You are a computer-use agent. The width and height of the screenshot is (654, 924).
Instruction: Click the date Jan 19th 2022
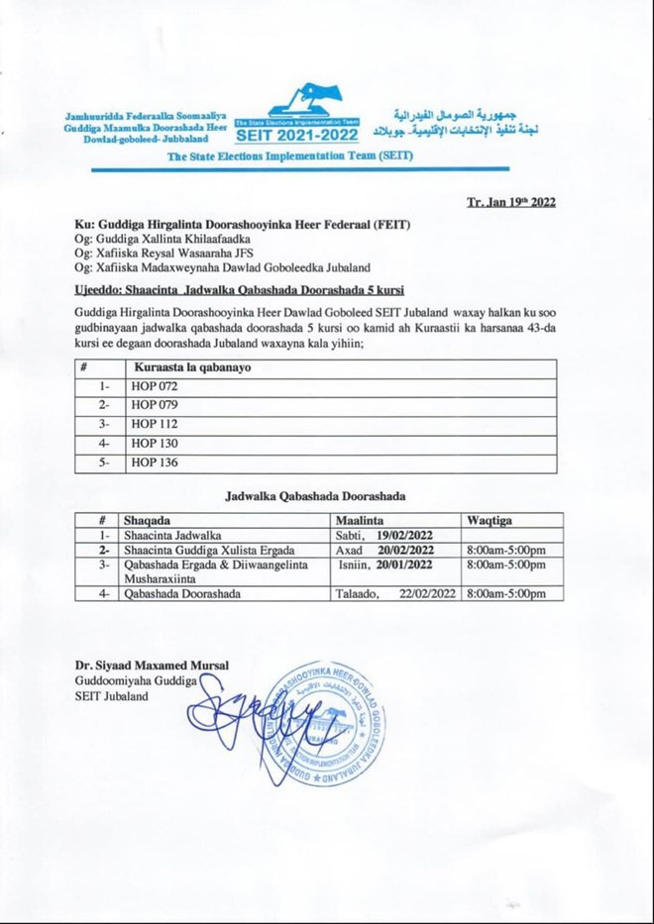pyautogui.click(x=511, y=203)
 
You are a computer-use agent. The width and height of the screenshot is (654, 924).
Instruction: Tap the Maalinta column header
pyautogui.click(x=361, y=520)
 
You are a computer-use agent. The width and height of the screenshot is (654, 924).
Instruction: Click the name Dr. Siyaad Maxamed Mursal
pyautogui.click(x=152, y=666)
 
